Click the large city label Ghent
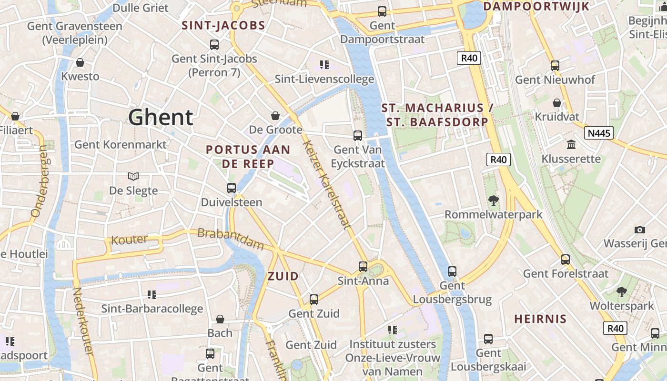pyautogui.click(x=161, y=117)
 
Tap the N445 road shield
pyautogui.click(x=599, y=133)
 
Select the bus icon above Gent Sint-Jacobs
pyautogui.click(x=214, y=45)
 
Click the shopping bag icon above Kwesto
pyautogui.click(x=80, y=62)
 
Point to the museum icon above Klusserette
pyautogui.click(x=571, y=144)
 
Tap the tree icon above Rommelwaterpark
pyautogui.click(x=494, y=201)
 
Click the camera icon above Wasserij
pyautogui.click(x=640, y=230)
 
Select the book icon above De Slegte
pyautogui.click(x=133, y=177)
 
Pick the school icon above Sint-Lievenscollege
pyautogui.click(x=324, y=64)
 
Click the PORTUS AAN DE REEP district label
pyautogui.click(x=248, y=157)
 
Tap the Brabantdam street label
pyautogui.click(x=230, y=239)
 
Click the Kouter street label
pyautogui.click(x=129, y=239)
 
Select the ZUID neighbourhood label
pyautogui.click(x=283, y=276)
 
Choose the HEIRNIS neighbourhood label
pyautogui.click(x=540, y=319)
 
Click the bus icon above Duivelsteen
pyautogui.click(x=232, y=188)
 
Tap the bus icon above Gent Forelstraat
pyautogui.click(x=566, y=260)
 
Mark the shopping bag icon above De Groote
pyautogui.click(x=275, y=116)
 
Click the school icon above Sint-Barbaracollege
pyautogui.click(x=152, y=295)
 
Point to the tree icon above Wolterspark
pyautogui.click(x=621, y=291)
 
